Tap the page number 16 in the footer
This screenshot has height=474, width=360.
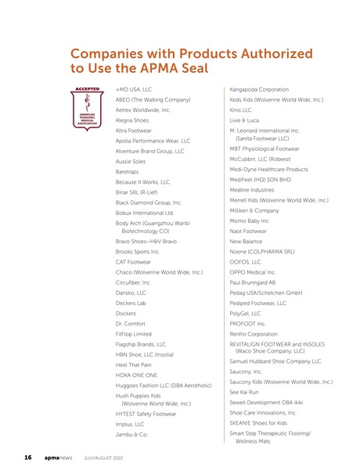(27, 456)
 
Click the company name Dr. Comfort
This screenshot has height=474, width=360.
(130, 323)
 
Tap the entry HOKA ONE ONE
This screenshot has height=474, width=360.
(137, 375)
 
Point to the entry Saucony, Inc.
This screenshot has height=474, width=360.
(247, 372)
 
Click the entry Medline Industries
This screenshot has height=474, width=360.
(252, 189)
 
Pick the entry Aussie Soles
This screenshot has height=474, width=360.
(131, 161)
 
